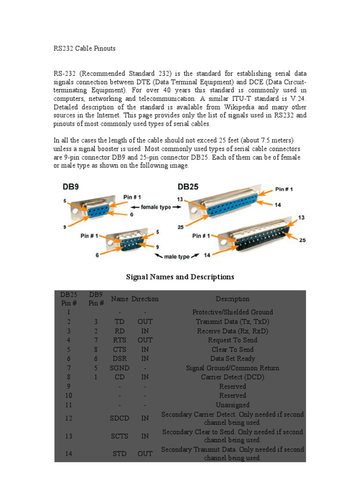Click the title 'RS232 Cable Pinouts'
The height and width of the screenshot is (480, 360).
[84, 48]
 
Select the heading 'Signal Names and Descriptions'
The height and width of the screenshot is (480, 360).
[180, 277]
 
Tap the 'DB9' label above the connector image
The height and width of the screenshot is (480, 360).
[71, 186]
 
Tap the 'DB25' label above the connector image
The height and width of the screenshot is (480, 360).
[187, 186]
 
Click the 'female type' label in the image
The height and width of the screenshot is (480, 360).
[150, 207]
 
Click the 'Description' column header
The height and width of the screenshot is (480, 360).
[232, 299]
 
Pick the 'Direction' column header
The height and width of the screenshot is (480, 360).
[145, 299]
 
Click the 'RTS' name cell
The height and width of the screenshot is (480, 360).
[120, 340]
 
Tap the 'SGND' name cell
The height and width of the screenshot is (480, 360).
[120, 368]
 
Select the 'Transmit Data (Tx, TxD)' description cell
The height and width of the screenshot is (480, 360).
[232, 322]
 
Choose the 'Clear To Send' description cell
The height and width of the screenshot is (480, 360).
[232, 349]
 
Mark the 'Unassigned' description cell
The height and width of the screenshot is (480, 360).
[232, 405]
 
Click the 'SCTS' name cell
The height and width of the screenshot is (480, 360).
[120, 436]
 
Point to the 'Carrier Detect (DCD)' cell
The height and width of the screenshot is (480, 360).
[232, 377]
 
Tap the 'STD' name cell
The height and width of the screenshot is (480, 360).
[120, 454]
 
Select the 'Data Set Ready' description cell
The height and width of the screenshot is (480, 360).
[232, 359]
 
